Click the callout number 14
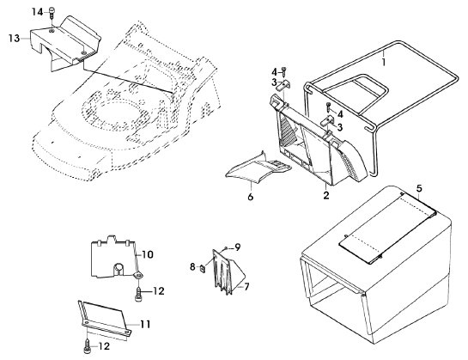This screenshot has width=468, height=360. tap(38, 13)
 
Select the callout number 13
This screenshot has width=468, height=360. tap(14, 39)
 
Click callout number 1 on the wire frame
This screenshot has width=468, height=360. tap(384, 62)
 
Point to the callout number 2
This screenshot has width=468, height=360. tap(326, 195)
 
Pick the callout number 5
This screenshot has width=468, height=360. tap(419, 188)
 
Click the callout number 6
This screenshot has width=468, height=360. tap(251, 197)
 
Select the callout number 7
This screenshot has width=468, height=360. tap(246, 287)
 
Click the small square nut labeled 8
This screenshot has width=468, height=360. tap(203, 268)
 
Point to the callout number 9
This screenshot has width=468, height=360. tap(238, 247)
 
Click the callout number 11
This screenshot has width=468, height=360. tap(145, 325)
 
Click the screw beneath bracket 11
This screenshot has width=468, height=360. tap(87, 347)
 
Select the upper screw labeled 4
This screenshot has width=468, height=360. tap(284, 71)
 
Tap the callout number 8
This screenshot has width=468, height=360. tap(192, 267)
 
